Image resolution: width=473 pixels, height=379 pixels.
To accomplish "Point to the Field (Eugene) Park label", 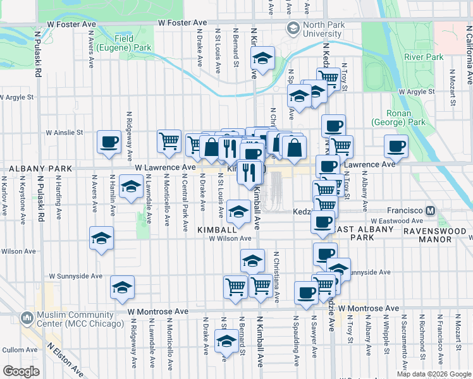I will coord(132,43).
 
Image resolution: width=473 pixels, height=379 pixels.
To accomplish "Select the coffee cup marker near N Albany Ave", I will coord(396,146).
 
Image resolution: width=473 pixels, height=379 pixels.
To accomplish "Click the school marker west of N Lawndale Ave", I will coord(130,188).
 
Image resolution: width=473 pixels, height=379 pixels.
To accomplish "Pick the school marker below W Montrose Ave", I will coord(226,341).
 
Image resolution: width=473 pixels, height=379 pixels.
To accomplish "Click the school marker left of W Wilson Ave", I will coord(101,239).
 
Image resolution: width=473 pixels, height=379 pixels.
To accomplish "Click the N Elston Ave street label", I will coord(68,358).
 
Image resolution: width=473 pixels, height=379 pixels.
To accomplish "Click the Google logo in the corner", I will coord(21,371).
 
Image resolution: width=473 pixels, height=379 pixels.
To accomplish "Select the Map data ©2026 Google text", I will coord(433,374).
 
